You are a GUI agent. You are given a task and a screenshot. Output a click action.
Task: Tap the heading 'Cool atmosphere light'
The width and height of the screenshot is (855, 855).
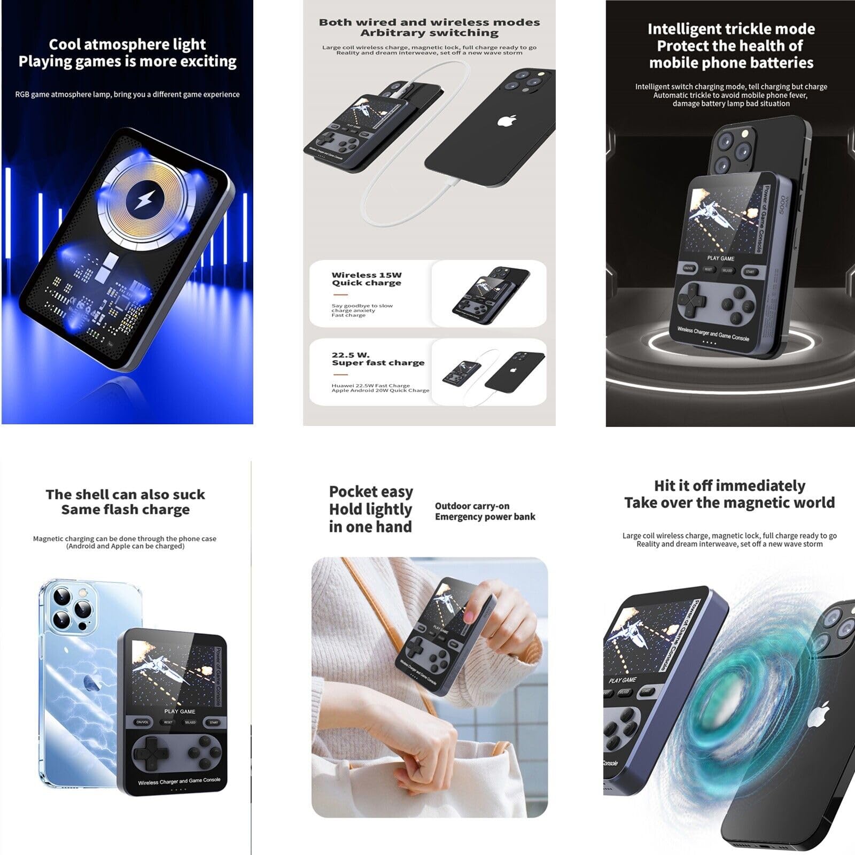(127, 44)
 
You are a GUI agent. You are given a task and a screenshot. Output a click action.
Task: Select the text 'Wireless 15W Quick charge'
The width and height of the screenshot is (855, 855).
(367, 279)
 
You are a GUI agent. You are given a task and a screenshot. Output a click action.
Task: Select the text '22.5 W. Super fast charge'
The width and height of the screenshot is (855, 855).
(378, 359)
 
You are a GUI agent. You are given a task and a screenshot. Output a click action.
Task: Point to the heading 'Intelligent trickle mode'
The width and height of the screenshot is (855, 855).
(731, 29)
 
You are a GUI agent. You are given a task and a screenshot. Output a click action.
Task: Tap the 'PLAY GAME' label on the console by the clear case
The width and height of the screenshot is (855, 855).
(180, 711)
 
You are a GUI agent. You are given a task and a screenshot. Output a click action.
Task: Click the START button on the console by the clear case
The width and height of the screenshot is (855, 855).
(214, 722)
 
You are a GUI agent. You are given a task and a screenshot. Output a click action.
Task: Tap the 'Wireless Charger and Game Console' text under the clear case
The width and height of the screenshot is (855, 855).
(179, 781)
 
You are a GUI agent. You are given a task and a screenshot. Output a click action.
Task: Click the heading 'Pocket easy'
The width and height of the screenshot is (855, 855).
(371, 492)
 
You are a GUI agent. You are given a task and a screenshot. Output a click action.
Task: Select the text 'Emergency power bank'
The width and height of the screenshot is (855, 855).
(485, 517)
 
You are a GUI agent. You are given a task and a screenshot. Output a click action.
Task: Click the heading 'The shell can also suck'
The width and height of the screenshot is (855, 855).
(125, 494)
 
